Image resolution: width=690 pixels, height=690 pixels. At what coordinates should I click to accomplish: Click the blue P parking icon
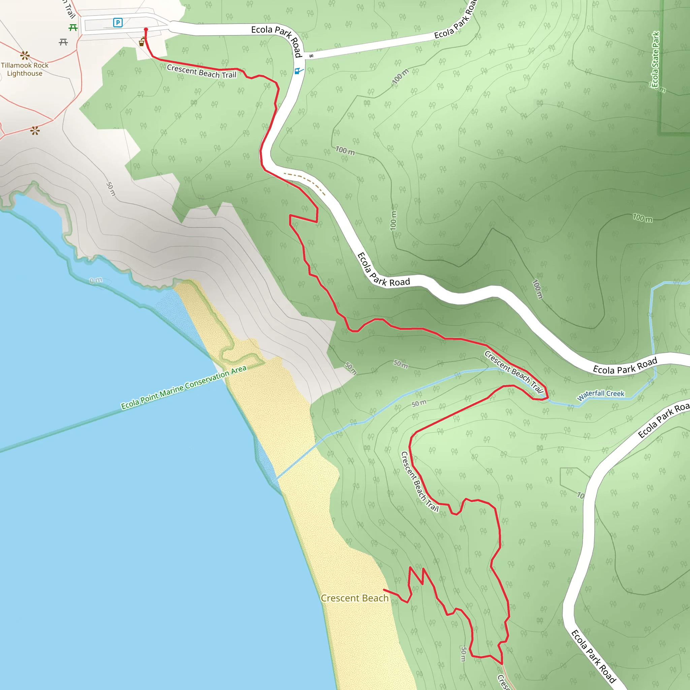pyautogui.click(x=118, y=23)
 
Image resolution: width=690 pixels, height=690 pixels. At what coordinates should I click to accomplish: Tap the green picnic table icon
pyautogui.click(x=73, y=28)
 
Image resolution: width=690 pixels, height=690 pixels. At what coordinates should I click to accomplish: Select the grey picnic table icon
pyautogui.click(x=63, y=42)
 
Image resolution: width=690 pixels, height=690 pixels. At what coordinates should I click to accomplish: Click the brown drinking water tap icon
pyautogui.click(x=142, y=42)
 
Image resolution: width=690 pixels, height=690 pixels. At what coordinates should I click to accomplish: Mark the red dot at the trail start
pyautogui.click(x=146, y=30)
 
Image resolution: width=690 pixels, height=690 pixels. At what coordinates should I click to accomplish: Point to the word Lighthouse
pyautogui.click(x=25, y=73)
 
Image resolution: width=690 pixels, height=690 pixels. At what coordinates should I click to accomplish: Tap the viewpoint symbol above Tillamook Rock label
pyautogui.click(x=25, y=55)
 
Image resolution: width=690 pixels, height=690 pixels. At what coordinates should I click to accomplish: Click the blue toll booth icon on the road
pyautogui.click(x=298, y=71)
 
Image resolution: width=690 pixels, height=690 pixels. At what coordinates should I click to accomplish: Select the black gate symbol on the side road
pyautogui.click(x=311, y=56)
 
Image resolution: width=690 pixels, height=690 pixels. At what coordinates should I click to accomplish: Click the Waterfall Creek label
pyautogui.click(x=601, y=395)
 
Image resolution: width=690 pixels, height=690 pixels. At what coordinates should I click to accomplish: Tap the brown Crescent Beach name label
pyautogui.click(x=354, y=598)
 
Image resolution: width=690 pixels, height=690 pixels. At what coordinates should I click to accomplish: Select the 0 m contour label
pyautogui.click(x=96, y=280)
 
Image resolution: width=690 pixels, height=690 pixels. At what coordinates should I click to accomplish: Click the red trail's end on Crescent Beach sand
pyautogui.click(x=384, y=590)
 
